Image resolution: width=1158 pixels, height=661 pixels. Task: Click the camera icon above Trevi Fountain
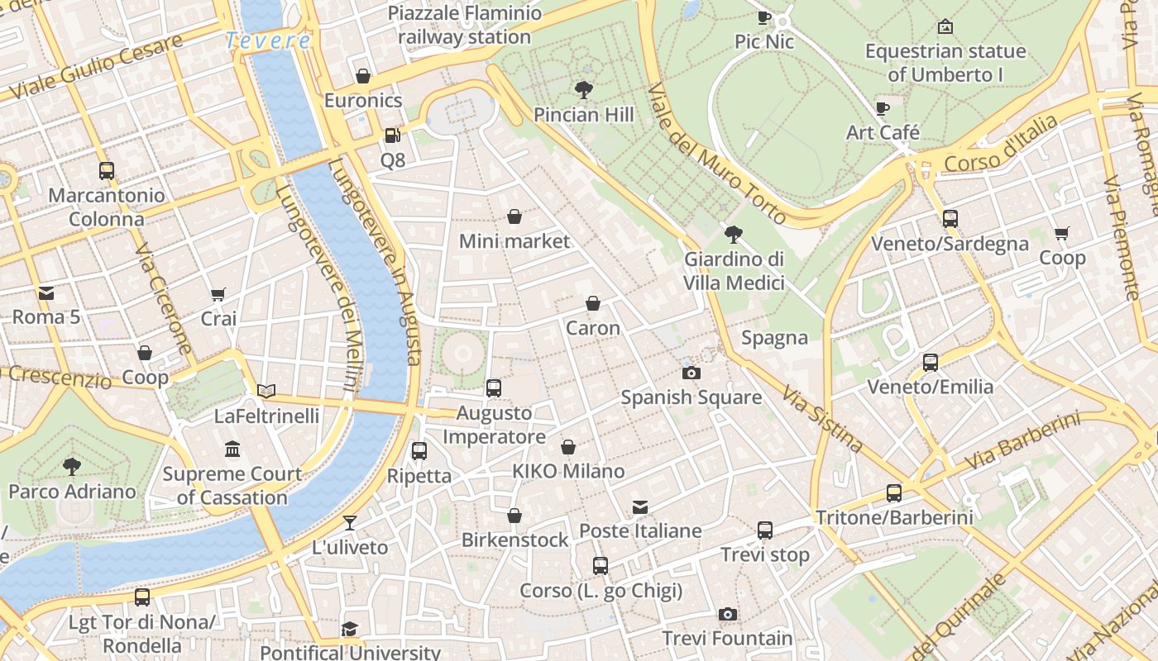click(728, 614)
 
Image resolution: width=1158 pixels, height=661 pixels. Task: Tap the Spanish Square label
click(691, 397)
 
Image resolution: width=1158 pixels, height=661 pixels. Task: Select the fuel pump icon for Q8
click(393, 135)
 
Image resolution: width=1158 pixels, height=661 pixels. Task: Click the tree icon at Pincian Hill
click(584, 89)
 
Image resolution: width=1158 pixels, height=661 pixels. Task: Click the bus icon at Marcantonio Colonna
click(107, 171)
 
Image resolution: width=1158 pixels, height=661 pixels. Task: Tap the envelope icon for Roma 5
click(46, 292)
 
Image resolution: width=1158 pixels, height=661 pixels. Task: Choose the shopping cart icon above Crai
click(218, 294)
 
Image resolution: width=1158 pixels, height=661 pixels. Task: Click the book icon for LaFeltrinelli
click(266, 391)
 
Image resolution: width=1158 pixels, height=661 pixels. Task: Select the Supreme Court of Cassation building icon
click(232, 449)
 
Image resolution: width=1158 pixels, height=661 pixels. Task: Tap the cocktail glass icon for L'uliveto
click(350, 522)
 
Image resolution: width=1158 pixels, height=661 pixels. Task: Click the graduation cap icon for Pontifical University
click(350, 629)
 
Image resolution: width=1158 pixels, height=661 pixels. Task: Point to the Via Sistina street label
click(824, 421)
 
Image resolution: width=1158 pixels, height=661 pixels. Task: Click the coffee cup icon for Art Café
click(883, 108)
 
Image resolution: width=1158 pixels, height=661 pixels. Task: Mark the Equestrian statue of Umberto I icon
click(945, 26)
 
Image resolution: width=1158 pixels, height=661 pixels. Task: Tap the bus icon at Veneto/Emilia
click(931, 362)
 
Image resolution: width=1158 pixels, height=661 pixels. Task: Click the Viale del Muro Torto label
click(716, 154)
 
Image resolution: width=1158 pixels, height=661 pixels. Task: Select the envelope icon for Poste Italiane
click(640, 506)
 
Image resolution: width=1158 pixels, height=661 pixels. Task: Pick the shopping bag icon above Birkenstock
click(514, 516)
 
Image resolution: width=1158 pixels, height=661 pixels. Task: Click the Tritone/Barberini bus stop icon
click(894, 493)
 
